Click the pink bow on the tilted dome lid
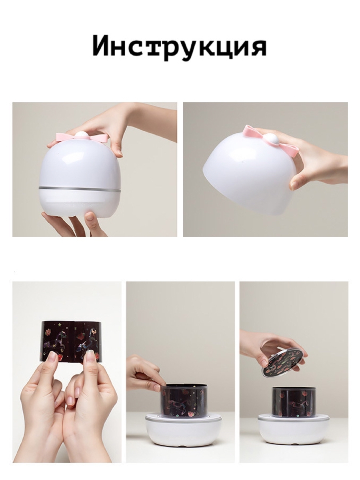click(272, 140)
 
